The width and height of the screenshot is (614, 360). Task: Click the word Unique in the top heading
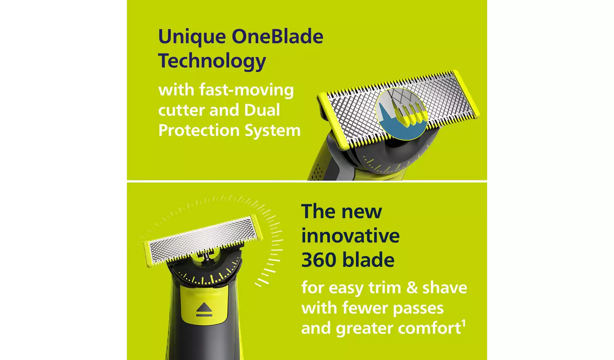[192, 37]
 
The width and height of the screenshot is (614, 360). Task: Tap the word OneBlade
[278, 36]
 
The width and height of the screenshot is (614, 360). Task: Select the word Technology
[212, 61]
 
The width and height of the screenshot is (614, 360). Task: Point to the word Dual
[262, 110]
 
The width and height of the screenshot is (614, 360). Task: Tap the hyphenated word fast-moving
[247, 90]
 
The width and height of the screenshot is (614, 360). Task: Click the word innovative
[350, 236]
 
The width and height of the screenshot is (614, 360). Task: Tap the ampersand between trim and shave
[412, 288]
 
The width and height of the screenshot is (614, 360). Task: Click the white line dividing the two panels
[307, 181]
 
